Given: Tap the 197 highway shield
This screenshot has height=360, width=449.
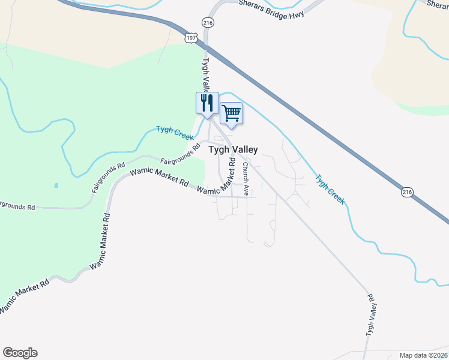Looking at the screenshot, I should pos(191,37).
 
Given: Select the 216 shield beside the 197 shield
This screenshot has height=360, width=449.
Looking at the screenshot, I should pos(208,23).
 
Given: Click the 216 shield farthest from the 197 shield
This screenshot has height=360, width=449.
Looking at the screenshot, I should pos(407,192).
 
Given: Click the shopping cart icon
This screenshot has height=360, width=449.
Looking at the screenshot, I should pos(232,113).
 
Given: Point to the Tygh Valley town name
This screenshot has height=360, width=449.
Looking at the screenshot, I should pos(233,150).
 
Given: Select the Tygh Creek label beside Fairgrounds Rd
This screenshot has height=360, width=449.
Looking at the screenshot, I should pos(175,132).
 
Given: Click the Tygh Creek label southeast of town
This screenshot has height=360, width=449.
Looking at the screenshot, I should pos(330,190).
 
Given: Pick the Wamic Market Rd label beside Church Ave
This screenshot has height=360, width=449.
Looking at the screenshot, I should pos(216,184).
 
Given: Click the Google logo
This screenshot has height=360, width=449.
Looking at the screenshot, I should pos(20,353).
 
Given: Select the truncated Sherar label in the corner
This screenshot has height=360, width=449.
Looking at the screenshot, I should pos(437,4).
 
